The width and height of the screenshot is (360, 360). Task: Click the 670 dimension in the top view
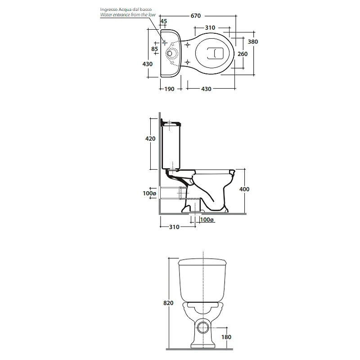(196, 16)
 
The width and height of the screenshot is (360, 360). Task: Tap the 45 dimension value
(163, 21)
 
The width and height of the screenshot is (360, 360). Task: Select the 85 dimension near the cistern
(154, 49)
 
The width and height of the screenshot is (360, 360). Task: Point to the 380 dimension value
(253, 42)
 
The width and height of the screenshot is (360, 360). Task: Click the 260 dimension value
(243, 54)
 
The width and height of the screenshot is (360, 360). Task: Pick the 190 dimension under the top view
(170, 89)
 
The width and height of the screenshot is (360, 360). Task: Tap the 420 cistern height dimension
(150, 139)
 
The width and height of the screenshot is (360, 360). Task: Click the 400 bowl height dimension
(244, 189)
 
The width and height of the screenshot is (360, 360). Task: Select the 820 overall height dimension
(168, 303)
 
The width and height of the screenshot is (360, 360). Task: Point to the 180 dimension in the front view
(226, 337)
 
